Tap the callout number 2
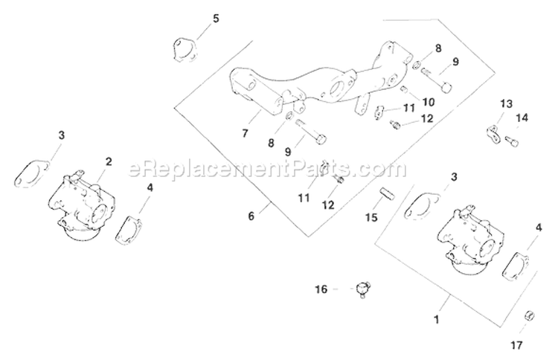tap(109, 161)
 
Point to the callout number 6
tap(251, 216)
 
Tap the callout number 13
tap(506, 103)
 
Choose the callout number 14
tap(522, 118)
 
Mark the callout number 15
tap(371, 217)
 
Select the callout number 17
tap(517, 345)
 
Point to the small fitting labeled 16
tap(363, 288)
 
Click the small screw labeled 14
tap(512, 141)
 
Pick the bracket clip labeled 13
tap(491, 134)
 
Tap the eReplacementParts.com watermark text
tap(268, 170)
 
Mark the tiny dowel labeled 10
tap(404, 91)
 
